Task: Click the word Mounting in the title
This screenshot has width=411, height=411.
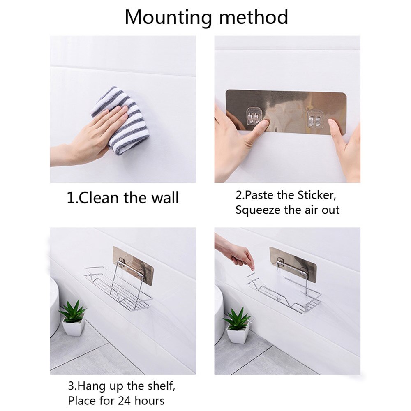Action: point(168,18)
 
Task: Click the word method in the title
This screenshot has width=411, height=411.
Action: point(254,17)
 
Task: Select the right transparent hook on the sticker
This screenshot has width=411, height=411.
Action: point(315,119)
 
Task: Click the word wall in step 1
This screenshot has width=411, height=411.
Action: point(165,198)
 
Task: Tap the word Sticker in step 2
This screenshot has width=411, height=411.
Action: point(317,195)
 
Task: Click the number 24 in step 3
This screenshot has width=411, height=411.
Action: point(125,401)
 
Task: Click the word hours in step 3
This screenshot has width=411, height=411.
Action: point(150,401)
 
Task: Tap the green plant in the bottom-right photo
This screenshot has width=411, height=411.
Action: point(237,319)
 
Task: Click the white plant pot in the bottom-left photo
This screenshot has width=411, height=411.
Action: point(74,327)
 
